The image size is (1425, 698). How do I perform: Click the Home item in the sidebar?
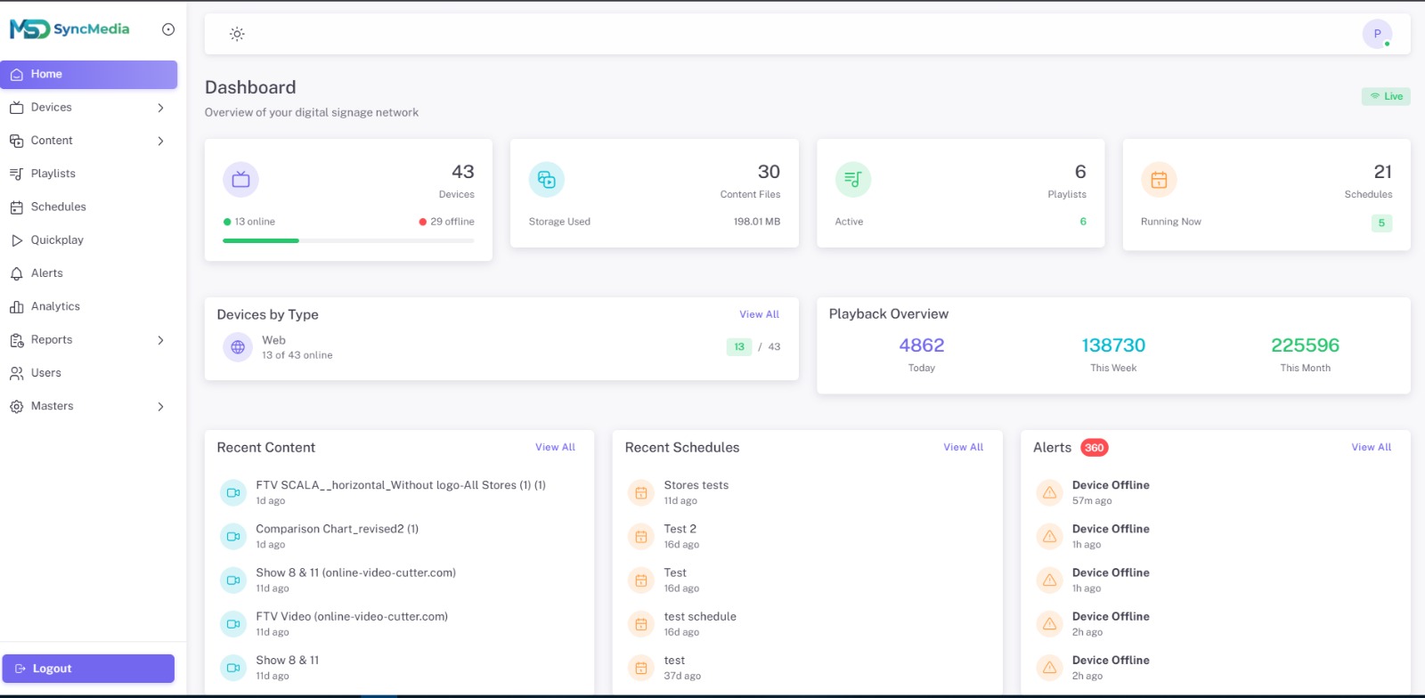88,74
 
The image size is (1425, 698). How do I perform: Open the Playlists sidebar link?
53,174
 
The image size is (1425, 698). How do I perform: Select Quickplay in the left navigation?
57,240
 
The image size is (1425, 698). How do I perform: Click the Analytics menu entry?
55,306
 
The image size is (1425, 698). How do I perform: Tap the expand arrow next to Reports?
160,340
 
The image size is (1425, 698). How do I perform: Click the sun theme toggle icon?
237,34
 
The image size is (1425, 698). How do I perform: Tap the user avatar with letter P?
1377,34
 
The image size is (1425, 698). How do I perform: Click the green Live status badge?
1386,96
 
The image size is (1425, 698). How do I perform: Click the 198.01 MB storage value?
756,222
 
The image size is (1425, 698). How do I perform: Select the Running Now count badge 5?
1381,223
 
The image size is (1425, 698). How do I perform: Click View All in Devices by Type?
759,314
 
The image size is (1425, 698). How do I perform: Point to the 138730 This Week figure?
1113,345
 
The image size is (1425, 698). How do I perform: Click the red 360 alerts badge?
1095,448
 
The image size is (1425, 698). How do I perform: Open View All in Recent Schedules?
963,447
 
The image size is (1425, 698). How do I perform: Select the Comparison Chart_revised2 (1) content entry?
337,529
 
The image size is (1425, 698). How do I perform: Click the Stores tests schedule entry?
696,485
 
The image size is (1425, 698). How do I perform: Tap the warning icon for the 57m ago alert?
1050,492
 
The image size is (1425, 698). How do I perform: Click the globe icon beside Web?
238,347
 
